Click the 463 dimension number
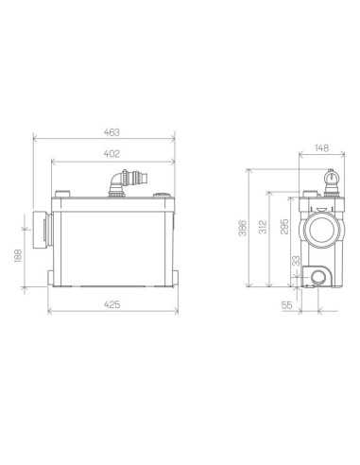[x=111, y=132]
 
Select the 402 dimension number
[x=111, y=154]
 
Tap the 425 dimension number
[x=112, y=304]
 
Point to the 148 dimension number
[x=321, y=147]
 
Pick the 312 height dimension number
[x=263, y=227]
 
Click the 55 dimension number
[x=287, y=305]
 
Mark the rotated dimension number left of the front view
[x=18, y=256]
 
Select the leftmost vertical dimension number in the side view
[x=243, y=228]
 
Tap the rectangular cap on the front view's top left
[x=63, y=194]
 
